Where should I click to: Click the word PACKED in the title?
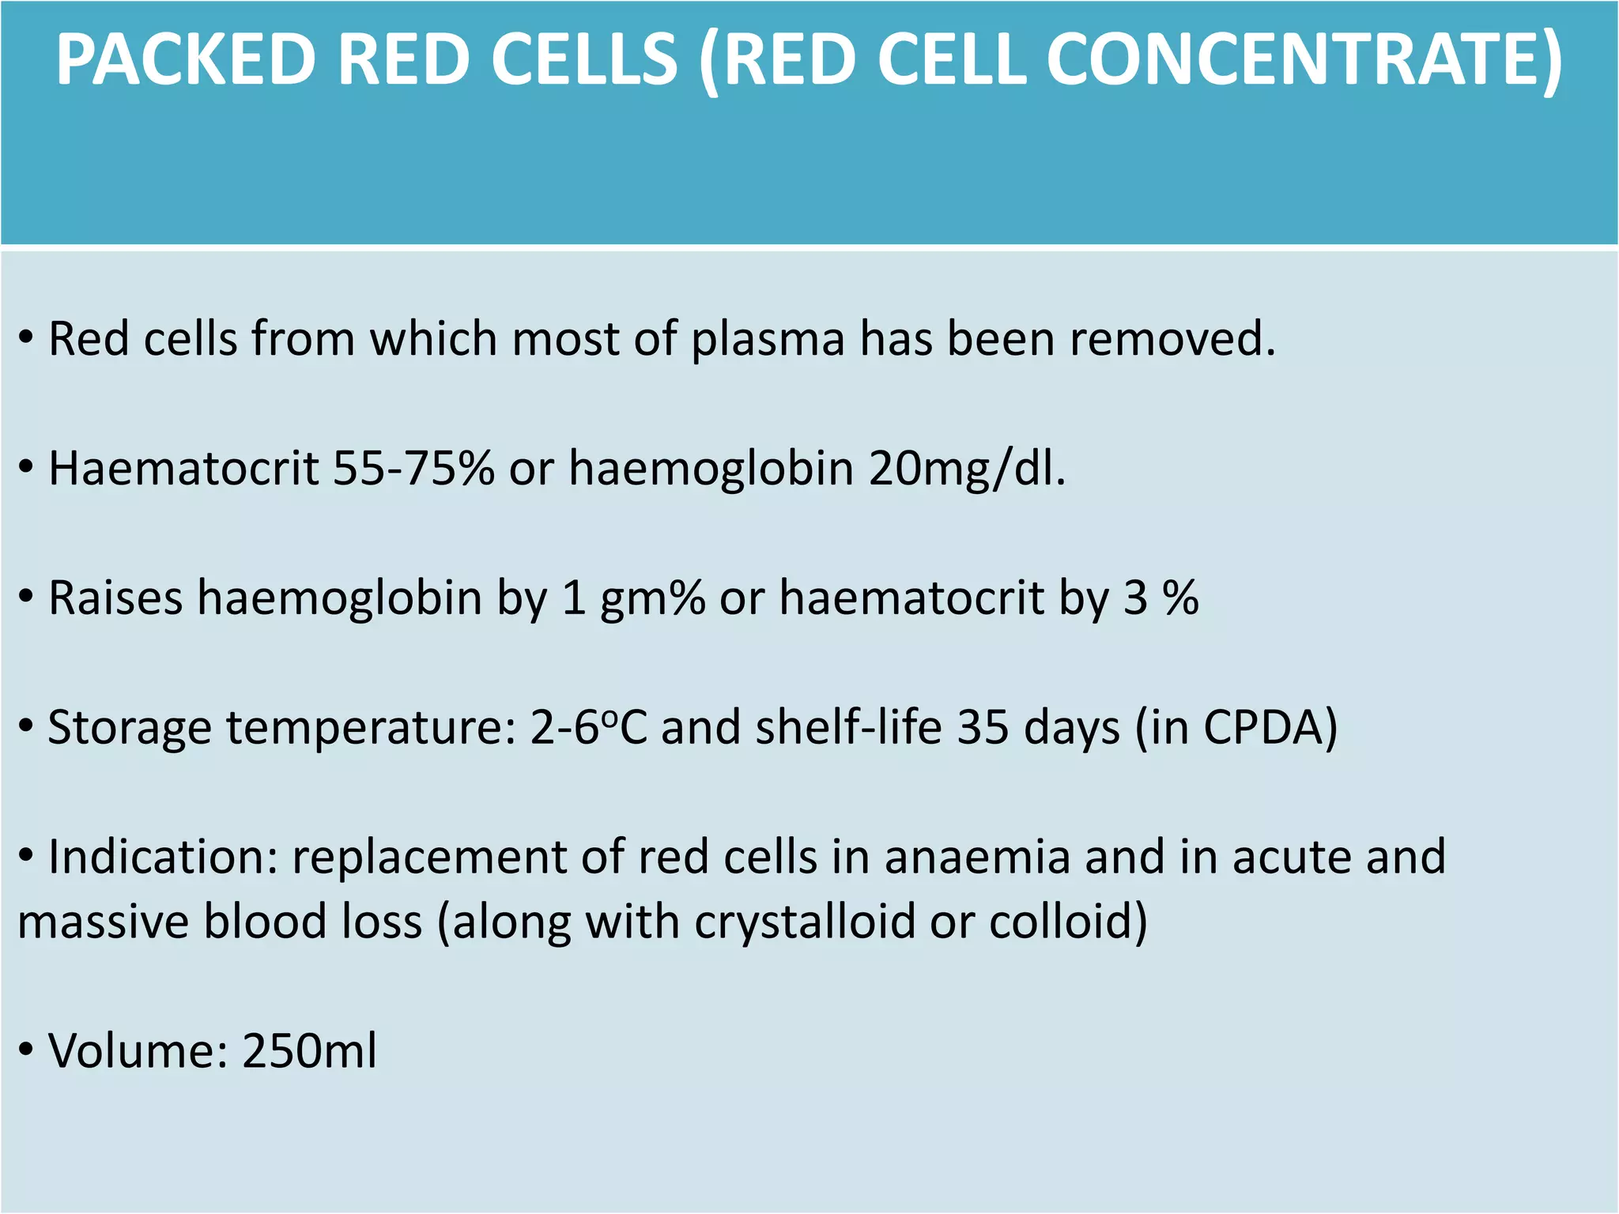pos(185,60)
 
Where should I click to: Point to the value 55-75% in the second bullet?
pos(413,469)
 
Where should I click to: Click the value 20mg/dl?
pos(966,469)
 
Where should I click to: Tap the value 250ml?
pos(309,1052)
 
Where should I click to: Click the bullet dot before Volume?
pos(27,1050)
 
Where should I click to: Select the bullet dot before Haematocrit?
pos(27,468)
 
